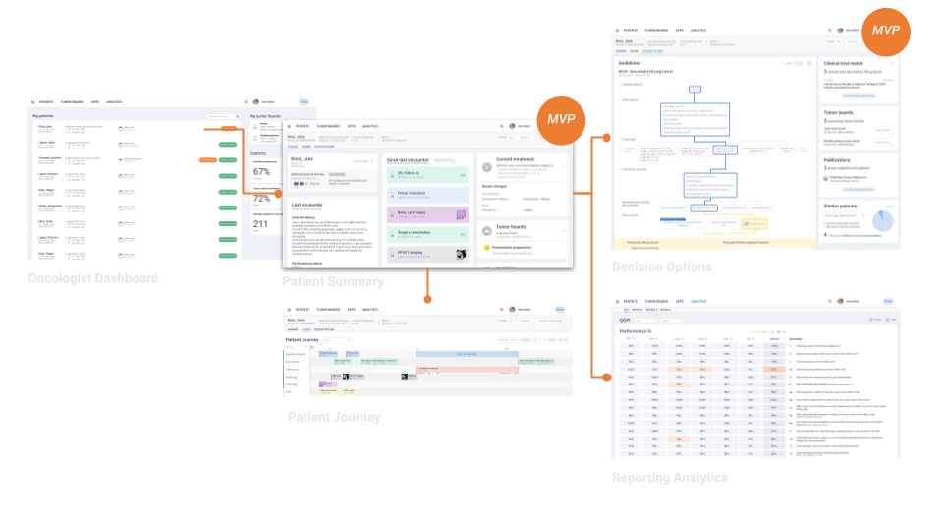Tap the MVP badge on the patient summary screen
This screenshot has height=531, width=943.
561,119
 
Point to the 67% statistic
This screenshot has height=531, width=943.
262,170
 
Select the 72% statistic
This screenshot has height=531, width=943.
262,198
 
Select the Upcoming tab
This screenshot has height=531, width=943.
445,158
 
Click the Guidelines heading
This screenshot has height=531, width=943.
632,62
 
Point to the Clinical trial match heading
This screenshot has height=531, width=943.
849,63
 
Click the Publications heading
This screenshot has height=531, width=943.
842,158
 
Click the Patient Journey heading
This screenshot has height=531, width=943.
304,340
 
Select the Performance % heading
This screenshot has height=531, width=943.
636,331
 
